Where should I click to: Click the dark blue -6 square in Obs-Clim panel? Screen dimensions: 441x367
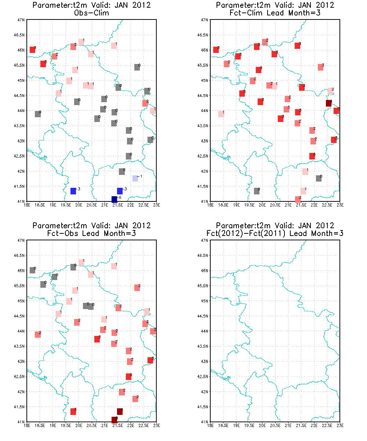[114, 199]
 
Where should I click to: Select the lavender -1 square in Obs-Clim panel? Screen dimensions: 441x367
[135, 178]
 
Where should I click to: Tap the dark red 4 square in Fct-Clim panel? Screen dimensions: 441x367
[328, 103]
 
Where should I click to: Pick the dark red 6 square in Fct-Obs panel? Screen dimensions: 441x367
[114, 420]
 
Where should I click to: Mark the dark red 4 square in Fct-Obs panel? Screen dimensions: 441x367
[120, 412]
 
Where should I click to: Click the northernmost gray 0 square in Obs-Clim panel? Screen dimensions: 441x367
[137, 67]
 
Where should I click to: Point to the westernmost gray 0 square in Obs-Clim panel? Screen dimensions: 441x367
[38, 114]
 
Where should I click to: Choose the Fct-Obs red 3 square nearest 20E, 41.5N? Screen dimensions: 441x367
[73, 412]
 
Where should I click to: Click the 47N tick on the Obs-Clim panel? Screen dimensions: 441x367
[21, 19]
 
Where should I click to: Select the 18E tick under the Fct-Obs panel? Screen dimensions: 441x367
[27, 426]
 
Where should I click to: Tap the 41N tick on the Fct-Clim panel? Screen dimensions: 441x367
[204, 201]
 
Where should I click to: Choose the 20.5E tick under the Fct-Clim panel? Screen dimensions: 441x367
[275, 205]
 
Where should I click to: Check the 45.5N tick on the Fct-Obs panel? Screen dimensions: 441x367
[19, 286]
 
